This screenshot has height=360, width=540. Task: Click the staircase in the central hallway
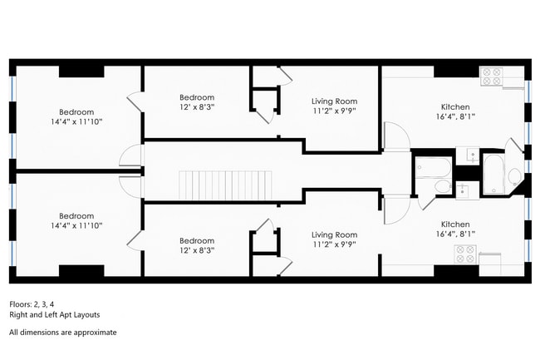[225, 185]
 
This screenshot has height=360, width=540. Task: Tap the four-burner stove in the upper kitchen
[492, 76]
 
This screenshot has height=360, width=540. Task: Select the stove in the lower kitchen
[465, 254]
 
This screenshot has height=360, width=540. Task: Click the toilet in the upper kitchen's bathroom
[515, 177]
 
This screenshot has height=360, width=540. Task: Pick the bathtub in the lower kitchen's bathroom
[433, 167]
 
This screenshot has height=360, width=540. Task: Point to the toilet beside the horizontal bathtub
[443, 186]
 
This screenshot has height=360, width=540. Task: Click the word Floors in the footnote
[19, 304]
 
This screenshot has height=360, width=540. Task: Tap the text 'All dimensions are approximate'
[62, 333]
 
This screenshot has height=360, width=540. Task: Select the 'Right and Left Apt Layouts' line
[54, 314]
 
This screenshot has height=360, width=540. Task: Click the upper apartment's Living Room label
[335, 101]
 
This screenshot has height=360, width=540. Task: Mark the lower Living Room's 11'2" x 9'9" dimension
[335, 244]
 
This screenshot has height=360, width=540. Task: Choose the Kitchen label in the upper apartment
[455, 106]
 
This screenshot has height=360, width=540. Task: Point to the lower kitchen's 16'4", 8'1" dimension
[455, 234]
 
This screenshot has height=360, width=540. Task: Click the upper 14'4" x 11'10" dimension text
[76, 121]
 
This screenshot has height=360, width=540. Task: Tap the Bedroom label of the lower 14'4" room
[76, 216]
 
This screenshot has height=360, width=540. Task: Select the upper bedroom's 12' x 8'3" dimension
[197, 106]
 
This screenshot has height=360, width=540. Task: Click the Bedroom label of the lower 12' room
[197, 240]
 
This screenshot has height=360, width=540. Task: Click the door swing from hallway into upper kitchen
[397, 136]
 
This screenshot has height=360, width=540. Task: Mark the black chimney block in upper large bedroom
[81, 72]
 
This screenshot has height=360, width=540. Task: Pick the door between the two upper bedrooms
[135, 102]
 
